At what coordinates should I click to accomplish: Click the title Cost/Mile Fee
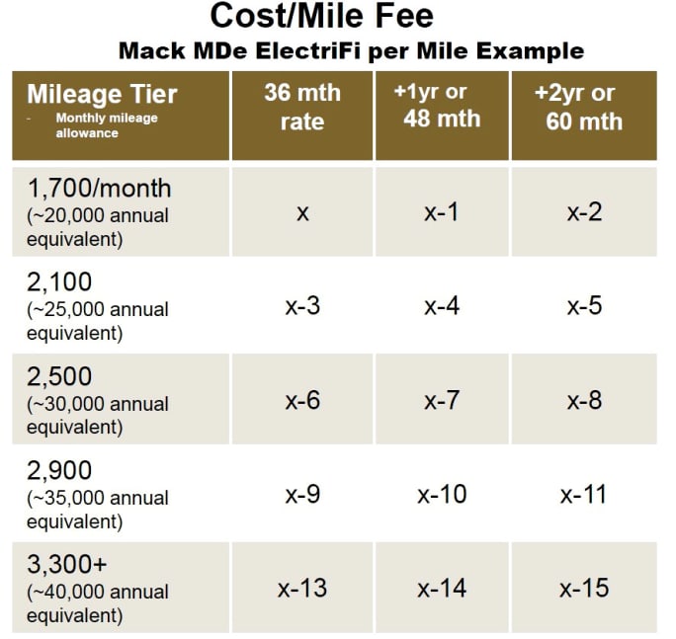[321, 17]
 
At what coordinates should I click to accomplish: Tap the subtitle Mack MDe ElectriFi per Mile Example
[351, 49]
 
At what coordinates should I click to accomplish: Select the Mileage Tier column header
[102, 95]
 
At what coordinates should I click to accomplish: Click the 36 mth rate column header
[301, 107]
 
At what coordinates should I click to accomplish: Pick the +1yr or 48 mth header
[442, 106]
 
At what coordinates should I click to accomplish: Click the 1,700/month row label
[99, 188]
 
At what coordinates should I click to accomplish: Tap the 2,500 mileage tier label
[58, 377]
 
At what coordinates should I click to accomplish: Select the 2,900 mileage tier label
[58, 470]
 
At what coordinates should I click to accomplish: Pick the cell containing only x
[302, 212]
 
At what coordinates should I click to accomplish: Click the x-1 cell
[442, 212]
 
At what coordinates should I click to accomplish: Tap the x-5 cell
[584, 306]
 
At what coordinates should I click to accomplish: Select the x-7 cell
[442, 401]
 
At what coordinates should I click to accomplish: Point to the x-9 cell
[302, 495]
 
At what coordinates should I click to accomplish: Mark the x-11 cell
[584, 495]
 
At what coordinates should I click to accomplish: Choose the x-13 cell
[302, 589]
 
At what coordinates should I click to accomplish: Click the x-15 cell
[584, 589]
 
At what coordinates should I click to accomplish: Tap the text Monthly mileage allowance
[106, 125]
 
